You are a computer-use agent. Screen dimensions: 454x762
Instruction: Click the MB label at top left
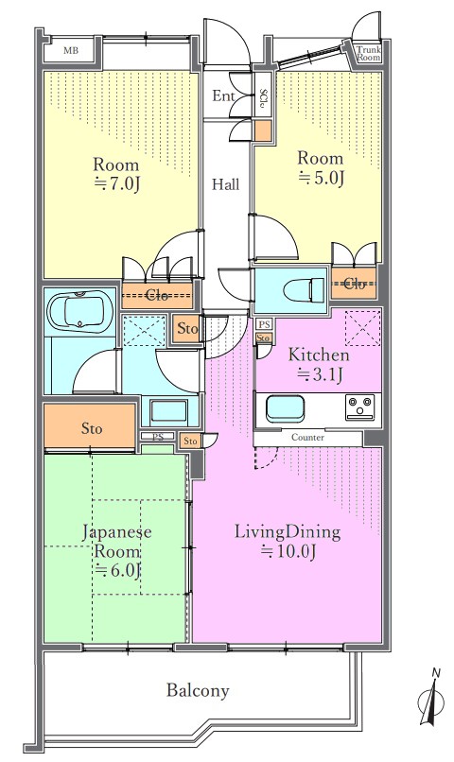click(71, 50)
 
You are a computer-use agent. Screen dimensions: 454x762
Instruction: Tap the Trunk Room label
click(369, 54)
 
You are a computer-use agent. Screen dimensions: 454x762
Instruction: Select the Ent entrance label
click(223, 96)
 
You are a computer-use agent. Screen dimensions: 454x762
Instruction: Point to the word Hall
click(226, 184)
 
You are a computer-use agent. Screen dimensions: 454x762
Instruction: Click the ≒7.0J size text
click(116, 184)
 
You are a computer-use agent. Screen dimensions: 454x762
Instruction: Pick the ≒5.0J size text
click(321, 179)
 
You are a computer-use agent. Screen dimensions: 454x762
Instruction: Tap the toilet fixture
click(304, 289)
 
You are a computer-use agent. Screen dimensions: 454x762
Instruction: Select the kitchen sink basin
click(286, 408)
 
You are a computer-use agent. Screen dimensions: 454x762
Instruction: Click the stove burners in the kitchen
click(359, 407)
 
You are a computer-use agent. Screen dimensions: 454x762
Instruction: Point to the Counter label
click(307, 438)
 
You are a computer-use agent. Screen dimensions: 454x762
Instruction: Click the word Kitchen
click(319, 355)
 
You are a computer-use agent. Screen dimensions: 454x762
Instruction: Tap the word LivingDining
click(288, 531)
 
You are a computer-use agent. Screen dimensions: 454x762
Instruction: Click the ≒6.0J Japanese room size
click(117, 569)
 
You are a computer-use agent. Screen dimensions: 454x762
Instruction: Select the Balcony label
click(198, 690)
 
